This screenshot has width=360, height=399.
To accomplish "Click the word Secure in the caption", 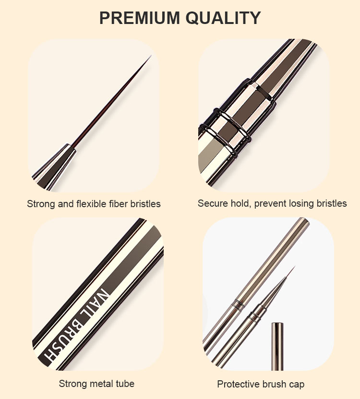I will point(211,203).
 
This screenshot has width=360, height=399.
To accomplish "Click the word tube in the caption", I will point(126,384).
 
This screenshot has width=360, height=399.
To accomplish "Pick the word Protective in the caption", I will point(238,384).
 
